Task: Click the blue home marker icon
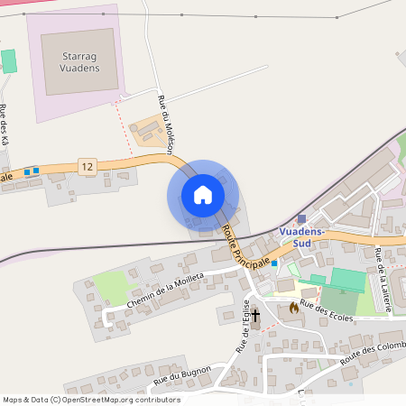point(203,194)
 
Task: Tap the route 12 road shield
point(87,167)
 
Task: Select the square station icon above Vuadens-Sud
point(301,218)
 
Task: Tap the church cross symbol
point(255,315)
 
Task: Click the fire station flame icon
point(293,308)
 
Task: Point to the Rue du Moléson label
point(166,121)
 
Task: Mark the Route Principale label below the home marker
point(248,245)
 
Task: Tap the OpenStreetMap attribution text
point(92,400)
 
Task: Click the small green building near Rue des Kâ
point(8,61)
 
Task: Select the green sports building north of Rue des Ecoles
point(348,279)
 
